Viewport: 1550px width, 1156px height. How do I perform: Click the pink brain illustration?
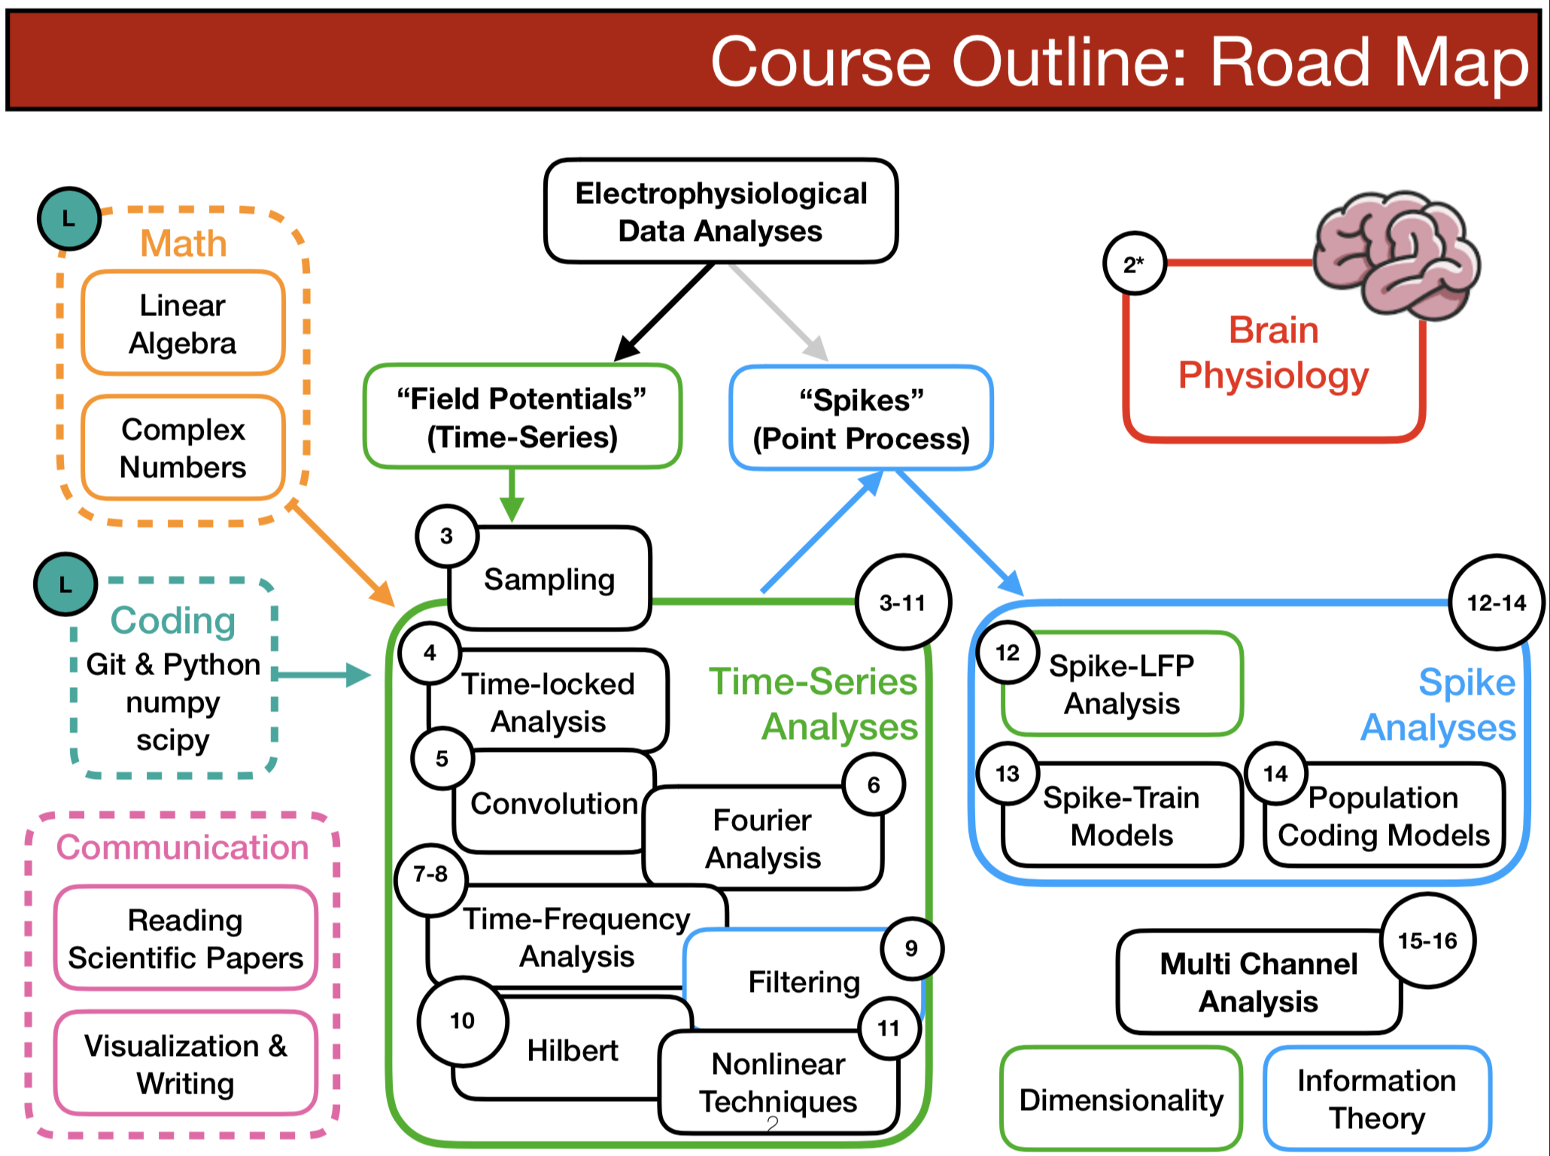(x=1396, y=252)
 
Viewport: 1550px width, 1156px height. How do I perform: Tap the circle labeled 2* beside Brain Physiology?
(x=1134, y=263)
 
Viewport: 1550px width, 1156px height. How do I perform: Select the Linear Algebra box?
(x=183, y=324)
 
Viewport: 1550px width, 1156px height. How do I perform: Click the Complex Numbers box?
(x=183, y=448)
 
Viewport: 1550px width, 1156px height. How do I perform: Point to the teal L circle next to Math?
(x=69, y=219)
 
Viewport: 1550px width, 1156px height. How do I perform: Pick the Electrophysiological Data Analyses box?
(x=721, y=211)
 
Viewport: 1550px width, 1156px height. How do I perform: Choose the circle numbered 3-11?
(x=902, y=602)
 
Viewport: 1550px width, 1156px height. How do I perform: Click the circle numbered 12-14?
(x=1496, y=602)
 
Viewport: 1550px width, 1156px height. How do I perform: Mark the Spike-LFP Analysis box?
(x=1122, y=684)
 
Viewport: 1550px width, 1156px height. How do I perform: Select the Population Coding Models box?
(x=1383, y=816)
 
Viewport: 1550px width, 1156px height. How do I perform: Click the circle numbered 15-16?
(x=1427, y=940)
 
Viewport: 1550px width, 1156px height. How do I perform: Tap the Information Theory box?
(x=1377, y=1098)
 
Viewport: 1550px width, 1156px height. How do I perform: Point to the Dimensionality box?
(x=1121, y=1100)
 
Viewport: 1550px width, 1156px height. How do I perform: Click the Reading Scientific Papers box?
(x=185, y=938)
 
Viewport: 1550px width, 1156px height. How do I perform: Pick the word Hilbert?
(x=573, y=1050)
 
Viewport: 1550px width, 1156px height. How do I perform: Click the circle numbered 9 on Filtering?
(x=911, y=948)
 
